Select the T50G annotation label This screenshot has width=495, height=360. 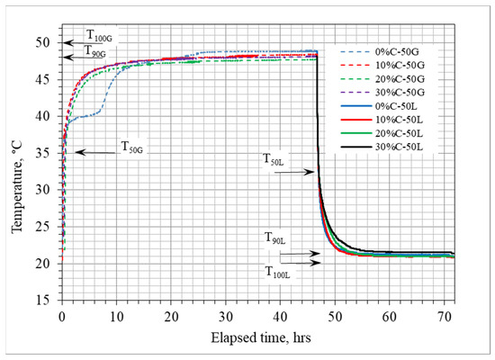pyautogui.click(x=131, y=148)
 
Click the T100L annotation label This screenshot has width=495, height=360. pyautogui.click(x=282, y=271)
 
